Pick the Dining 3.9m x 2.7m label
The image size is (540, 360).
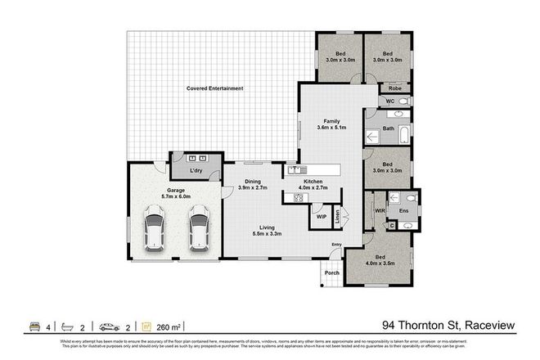click(254, 185)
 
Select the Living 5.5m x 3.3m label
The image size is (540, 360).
click(268, 231)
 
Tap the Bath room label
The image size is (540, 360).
click(389, 128)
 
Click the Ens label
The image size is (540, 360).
click(403, 209)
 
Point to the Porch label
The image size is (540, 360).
click(331, 273)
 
